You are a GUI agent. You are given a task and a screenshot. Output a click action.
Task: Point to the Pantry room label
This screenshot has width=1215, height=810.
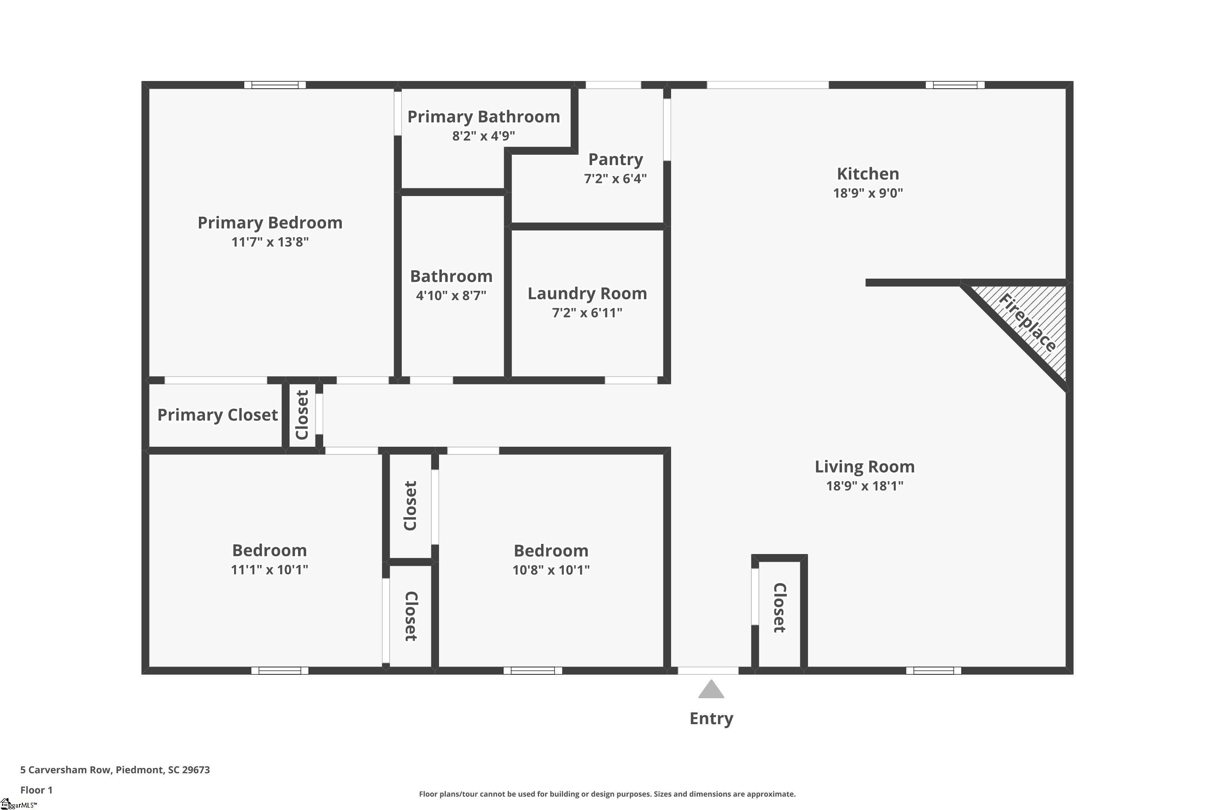pos(615,160)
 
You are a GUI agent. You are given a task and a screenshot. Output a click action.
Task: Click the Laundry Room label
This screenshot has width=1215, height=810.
pos(587,293)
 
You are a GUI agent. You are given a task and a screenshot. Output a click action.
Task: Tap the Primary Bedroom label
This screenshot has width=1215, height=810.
pos(270,223)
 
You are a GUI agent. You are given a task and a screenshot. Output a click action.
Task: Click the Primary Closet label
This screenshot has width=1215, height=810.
pos(217,415)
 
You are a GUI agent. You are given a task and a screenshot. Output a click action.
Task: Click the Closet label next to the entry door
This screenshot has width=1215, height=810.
pos(779,607)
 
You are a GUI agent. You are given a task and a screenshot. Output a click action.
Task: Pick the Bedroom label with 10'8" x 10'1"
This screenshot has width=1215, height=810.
pos(551,551)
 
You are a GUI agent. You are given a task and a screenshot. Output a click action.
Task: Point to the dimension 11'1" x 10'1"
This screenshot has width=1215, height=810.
pos(269,570)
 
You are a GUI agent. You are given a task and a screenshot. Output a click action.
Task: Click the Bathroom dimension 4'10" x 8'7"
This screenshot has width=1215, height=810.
pos(451,296)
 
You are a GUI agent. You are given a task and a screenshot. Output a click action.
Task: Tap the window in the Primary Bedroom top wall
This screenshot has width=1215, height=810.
pos(275,85)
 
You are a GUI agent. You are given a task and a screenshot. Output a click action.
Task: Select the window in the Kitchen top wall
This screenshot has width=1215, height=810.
pos(955,85)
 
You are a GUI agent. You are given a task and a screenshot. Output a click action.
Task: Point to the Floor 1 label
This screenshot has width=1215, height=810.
pos(36,790)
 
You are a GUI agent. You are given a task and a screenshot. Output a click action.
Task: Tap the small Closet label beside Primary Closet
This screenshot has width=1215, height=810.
pos(302,415)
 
